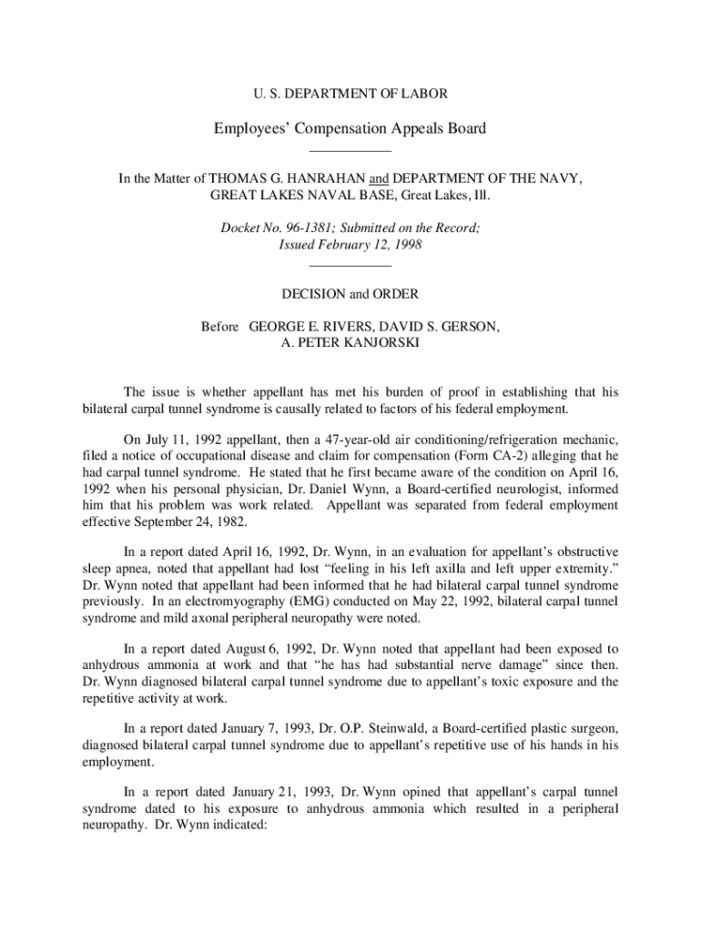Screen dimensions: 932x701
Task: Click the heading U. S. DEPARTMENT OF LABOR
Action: point(350,94)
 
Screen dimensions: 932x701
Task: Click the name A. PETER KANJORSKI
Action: point(350,343)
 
